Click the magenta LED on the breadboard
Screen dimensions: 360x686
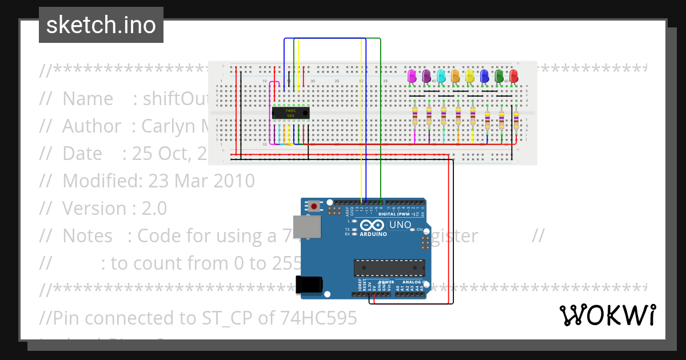click(412, 76)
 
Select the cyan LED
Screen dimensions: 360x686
click(441, 76)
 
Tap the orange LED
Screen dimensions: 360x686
click(456, 76)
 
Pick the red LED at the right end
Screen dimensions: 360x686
click(513, 76)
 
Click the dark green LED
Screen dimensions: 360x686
click(499, 76)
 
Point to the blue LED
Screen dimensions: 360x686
click(484, 76)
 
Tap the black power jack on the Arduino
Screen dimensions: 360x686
click(309, 284)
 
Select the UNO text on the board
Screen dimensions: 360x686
click(400, 225)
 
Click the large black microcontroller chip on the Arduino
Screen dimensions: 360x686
click(389, 267)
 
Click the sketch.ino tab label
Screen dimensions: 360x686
click(101, 25)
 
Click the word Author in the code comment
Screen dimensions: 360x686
click(91, 126)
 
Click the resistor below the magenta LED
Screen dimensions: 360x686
click(415, 117)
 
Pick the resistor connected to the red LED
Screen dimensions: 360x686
click(516, 121)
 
